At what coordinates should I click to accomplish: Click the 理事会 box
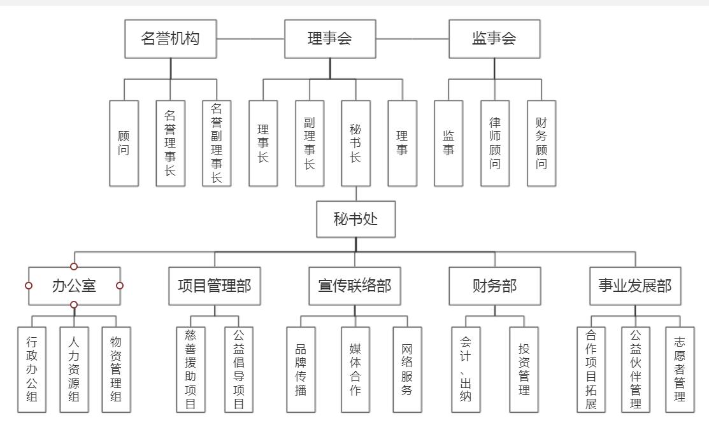tap(329, 39)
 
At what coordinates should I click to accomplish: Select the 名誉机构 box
tap(170, 39)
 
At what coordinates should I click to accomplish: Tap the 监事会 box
tap(494, 39)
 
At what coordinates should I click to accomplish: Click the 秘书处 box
tap(355, 219)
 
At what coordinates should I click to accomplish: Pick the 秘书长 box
tap(355, 143)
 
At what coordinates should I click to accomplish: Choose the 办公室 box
tap(74, 286)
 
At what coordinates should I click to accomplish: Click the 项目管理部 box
tap(215, 286)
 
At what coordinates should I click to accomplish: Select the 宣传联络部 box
tap(355, 286)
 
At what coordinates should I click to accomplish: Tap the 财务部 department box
tap(494, 286)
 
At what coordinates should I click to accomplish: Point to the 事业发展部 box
tap(634, 286)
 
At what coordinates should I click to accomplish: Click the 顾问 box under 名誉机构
tap(124, 143)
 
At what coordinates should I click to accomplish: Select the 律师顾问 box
tap(495, 143)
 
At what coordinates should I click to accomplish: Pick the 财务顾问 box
tap(541, 143)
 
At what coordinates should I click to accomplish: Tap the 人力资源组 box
tap(74, 369)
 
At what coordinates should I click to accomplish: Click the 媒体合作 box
tap(355, 369)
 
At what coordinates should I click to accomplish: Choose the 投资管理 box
tap(524, 369)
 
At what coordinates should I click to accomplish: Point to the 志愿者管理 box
tap(680, 369)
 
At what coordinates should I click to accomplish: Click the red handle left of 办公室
tap(29, 286)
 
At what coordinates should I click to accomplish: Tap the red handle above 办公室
tap(74, 267)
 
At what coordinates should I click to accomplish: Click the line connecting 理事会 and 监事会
tap(412, 39)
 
